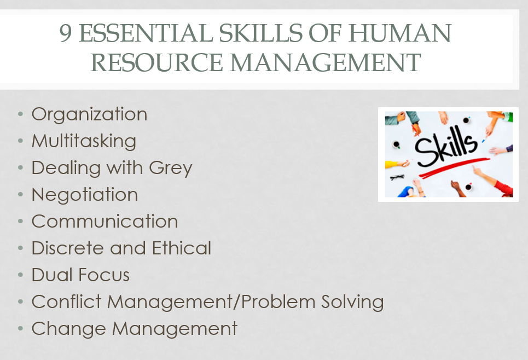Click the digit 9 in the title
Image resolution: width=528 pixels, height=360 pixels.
click(x=66, y=33)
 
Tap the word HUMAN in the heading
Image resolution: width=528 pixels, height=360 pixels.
click(x=400, y=33)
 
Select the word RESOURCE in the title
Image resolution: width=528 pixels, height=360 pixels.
click(x=156, y=62)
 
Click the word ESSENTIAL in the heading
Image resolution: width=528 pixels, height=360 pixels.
click(x=146, y=33)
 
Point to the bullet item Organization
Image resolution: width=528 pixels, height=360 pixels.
click(x=89, y=114)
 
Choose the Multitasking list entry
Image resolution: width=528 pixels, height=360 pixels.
click(x=84, y=141)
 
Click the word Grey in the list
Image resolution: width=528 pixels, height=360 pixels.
click(x=170, y=168)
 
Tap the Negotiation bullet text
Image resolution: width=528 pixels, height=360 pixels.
click(x=85, y=194)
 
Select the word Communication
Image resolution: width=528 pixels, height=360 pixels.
click(x=105, y=221)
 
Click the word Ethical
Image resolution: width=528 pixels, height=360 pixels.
click(x=182, y=248)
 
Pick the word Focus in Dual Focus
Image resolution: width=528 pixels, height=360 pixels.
click(x=105, y=275)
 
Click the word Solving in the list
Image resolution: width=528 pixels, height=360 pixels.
click(x=352, y=302)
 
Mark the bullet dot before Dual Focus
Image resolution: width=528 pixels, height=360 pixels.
click(x=21, y=275)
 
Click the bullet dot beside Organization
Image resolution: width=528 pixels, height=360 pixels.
click(x=21, y=114)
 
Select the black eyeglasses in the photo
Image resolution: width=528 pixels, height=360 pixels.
click(x=397, y=177)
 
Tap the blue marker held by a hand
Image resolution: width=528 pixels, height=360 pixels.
click(x=484, y=140)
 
